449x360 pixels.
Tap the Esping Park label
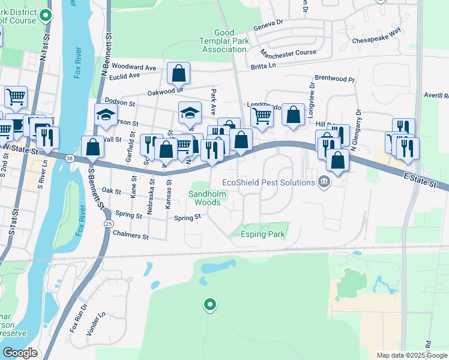pos(262,234)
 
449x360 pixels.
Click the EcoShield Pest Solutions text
pos(268,182)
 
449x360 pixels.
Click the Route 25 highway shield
pos(108,223)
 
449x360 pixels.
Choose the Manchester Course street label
pos(288,53)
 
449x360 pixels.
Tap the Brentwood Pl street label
pos(334,79)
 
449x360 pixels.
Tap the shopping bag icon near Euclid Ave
pos(179,74)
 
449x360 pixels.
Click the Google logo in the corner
pos(20,353)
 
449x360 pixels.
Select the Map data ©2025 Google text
pos(411,355)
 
